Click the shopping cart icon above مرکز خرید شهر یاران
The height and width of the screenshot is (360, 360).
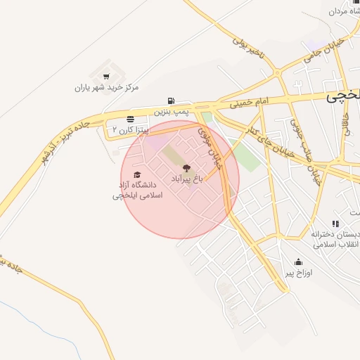pyautogui.click(x=106, y=76)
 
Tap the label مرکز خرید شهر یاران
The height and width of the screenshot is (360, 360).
pyautogui.click(x=107, y=88)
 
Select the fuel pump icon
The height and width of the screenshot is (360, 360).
pyautogui.click(x=172, y=101)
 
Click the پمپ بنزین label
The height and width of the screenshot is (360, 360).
pyautogui.click(x=172, y=112)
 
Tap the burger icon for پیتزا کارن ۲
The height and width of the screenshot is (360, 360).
pyautogui.click(x=131, y=119)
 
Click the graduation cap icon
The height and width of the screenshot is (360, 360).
pyautogui.click(x=137, y=174)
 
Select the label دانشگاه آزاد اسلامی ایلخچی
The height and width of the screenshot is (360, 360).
pyautogui.click(x=138, y=191)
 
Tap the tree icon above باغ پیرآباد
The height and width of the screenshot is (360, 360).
pyautogui.click(x=186, y=168)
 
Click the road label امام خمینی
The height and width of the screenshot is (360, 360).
pyautogui.click(x=250, y=104)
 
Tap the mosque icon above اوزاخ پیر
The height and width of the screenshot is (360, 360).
pyautogui.click(x=300, y=262)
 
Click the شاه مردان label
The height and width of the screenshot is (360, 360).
pyautogui.click(x=345, y=11)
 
